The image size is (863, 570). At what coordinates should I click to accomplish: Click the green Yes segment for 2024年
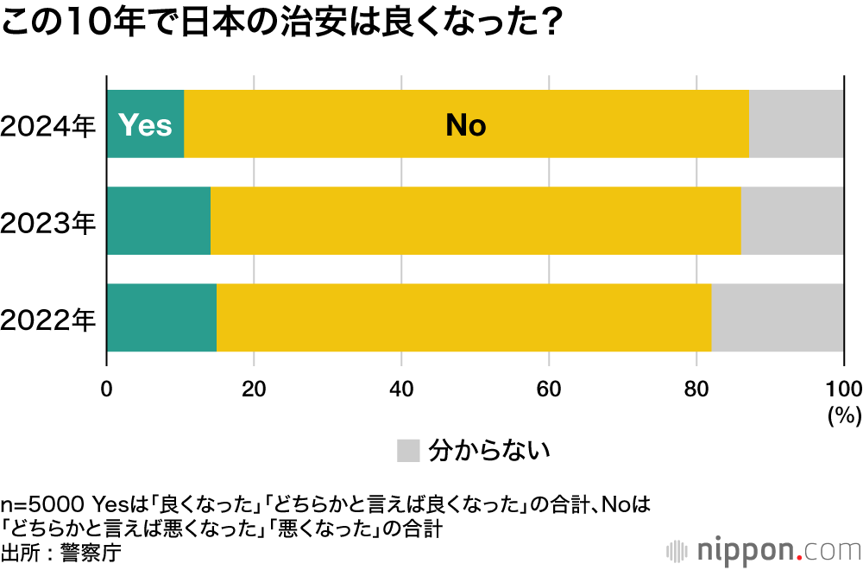click(x=145, y=124)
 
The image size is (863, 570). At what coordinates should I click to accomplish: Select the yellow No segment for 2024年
click(x=466, y=124)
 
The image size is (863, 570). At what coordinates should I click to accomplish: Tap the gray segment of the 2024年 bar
click(x=796, y=124)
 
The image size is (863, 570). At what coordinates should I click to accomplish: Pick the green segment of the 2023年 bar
click(x=159, y=221)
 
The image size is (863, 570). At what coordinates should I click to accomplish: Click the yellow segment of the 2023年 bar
click(x=476, y=221)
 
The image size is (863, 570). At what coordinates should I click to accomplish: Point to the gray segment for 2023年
click(x=792, y=221)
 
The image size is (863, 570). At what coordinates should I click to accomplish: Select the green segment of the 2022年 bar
click(x=161, y=318)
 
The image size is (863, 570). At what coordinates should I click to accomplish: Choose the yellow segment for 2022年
click(x=463, y=318)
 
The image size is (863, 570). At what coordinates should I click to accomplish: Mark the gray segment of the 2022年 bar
click(x=777, y=318)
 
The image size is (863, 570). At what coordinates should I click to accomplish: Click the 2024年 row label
click(x=48, y=126)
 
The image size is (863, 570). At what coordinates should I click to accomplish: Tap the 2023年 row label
click(x=48, y=223)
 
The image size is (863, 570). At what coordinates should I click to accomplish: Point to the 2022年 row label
click(x=48, y=320)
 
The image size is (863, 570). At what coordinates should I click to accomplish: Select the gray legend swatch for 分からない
click(x=407, y=450)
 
